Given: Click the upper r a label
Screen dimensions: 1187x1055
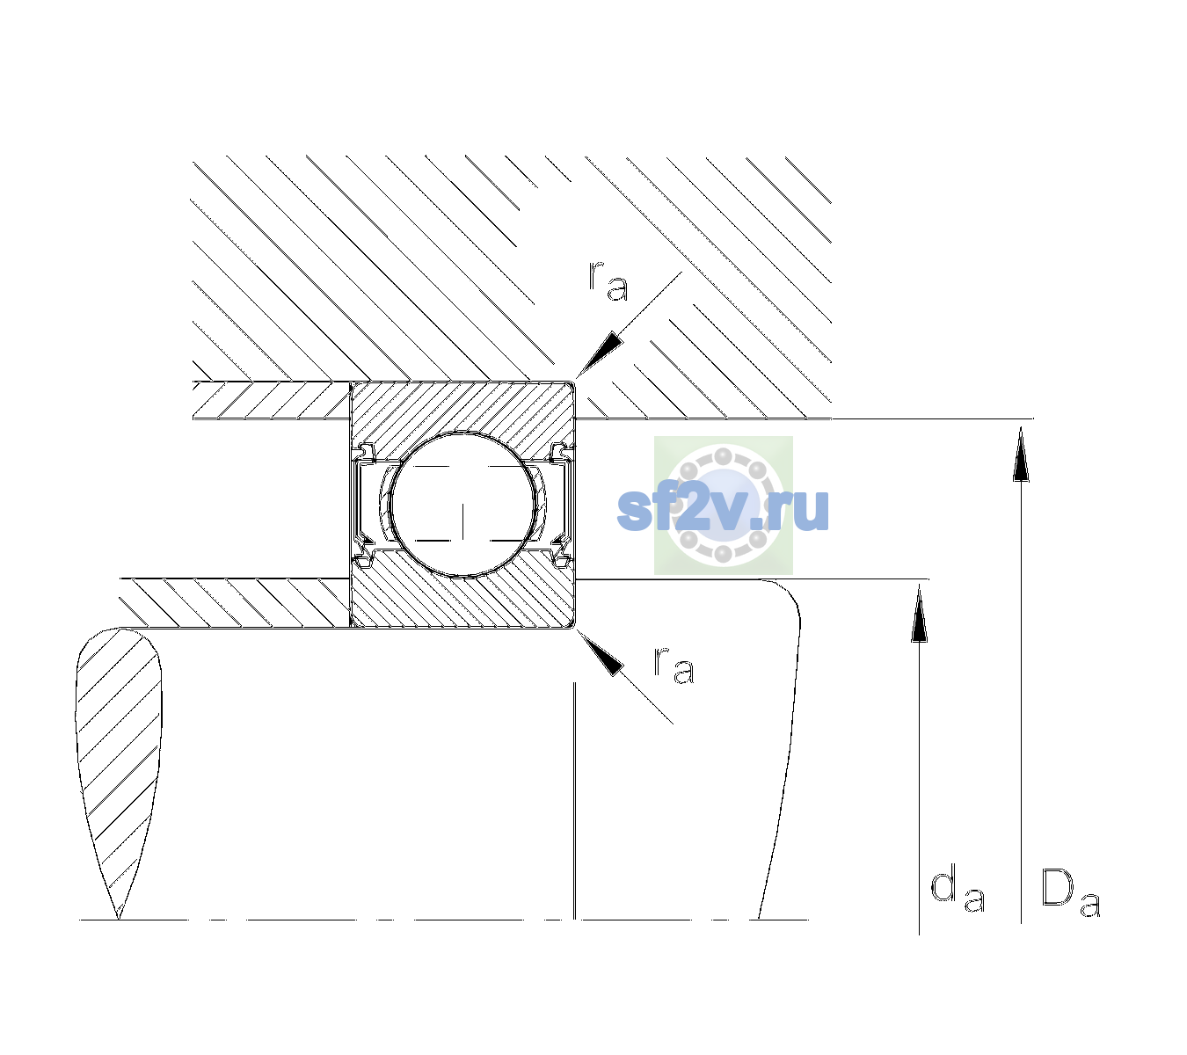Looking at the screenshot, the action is pos(608,281).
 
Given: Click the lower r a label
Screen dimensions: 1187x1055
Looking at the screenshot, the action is pos(674,666).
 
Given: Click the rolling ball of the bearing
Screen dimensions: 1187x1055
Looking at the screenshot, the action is pos(462,505).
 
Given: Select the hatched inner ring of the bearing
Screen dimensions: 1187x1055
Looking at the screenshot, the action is pos(462,598).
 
